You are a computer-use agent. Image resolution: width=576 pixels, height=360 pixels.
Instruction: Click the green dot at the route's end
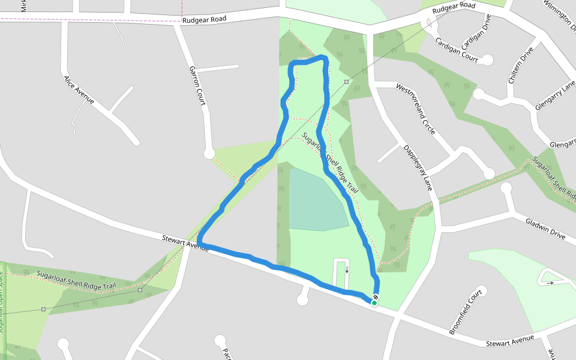pyautogui.click(x=374, y=303)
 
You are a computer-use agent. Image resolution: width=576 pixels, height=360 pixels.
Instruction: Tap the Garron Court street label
pyautogui.click(x=197, y=85)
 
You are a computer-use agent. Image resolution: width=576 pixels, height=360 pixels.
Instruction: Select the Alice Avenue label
pyautogui.click(x=79, y=89)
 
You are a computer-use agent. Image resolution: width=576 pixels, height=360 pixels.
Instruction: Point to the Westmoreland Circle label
pyautogui.click(x=416, y=109)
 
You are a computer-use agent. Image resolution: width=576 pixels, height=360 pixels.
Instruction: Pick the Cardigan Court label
pyautogui.click(x=457, y=51)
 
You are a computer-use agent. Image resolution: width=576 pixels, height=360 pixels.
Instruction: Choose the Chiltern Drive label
pyautogui.click(x=520, y=65)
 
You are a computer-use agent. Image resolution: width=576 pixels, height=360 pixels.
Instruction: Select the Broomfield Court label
pyautogui.click(x=466, y=313)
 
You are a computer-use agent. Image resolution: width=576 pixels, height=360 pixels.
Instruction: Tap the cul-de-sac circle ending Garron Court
pyautogui.click(x=209, y=154)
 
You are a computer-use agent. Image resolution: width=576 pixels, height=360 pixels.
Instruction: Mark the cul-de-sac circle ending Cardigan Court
pyautogui.click(x=487, y=60)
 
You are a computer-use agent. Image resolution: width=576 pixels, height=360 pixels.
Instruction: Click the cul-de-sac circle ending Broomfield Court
pyautogui.click(x=481, y=290)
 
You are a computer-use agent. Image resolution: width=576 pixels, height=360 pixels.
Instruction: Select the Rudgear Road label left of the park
pyautogui.click(x=205, y=19)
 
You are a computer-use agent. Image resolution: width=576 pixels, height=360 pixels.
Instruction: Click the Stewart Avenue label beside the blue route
pyautogui.click(x=185, y=242)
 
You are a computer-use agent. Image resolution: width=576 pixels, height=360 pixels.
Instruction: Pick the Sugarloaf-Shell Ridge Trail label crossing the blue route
pyautogui.click(x=329, y=163)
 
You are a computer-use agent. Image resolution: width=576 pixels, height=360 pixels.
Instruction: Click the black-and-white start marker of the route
pyautogui.click(x=376, y=297)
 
